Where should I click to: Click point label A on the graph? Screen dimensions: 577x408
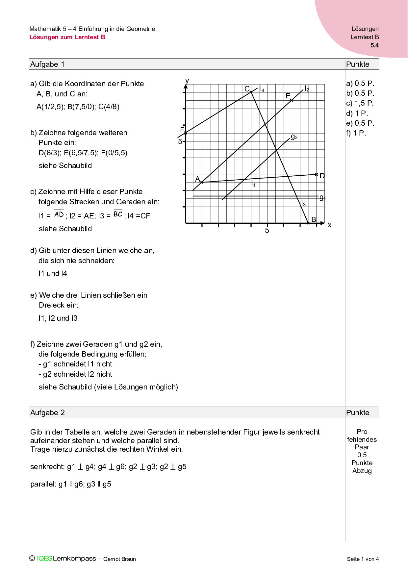pos(197,179)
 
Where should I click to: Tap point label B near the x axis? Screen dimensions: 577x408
pos(314,219)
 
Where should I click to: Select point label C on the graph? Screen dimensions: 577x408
pos(247,89)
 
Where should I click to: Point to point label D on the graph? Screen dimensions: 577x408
pos(322,176)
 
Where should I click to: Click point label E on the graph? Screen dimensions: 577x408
pos(288,96)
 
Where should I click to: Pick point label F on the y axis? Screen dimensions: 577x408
pos(182,130)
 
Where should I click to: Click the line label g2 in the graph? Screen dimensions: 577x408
pos(294,137)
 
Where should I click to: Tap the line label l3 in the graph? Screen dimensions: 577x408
pos(303,204)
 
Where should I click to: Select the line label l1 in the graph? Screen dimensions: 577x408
pos(253,184)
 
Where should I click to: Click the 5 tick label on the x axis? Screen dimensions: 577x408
pos(267,231)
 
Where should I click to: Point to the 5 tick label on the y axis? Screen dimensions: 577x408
pos(180,142)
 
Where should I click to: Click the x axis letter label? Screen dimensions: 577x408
pos(330,225)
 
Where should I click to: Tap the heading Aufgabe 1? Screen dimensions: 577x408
pos(47,64)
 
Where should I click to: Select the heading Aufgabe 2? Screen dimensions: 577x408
pos(47,413)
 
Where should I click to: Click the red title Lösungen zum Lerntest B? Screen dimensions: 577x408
pos(67,37)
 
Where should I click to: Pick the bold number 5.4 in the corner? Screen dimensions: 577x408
pos(374,45)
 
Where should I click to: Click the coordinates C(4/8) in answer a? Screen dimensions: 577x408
pos(109,107)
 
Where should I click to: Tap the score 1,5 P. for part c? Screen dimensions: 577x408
pos(360,103)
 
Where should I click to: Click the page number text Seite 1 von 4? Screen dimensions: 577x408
pos(363,559)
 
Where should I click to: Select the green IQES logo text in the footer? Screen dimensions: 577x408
pos(44,559)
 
